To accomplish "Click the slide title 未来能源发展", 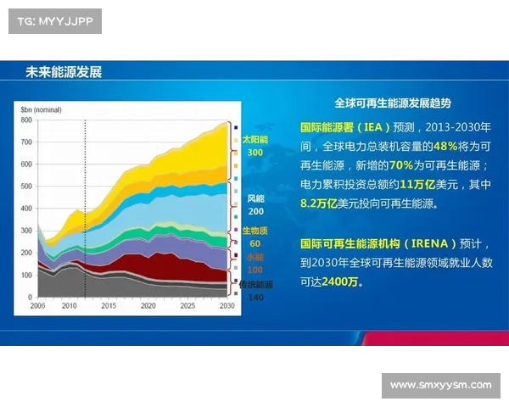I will pos(64,72).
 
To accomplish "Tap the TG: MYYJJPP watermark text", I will pos(53,20).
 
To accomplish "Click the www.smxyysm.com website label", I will pos(440,385).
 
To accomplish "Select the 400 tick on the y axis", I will pos(25,209).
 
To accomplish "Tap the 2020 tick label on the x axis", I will pos(148,304).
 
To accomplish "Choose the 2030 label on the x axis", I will pos(227,304).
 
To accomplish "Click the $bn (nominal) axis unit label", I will pos(40,109).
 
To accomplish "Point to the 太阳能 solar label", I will pos(255,138).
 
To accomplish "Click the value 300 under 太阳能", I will pos(255,153).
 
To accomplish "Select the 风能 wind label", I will pos(255,198).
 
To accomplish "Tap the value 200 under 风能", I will pos(255,211).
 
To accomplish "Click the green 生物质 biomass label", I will pos(255,231).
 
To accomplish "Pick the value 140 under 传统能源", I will pos(255,298).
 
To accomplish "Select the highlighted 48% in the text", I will pos(423,146).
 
